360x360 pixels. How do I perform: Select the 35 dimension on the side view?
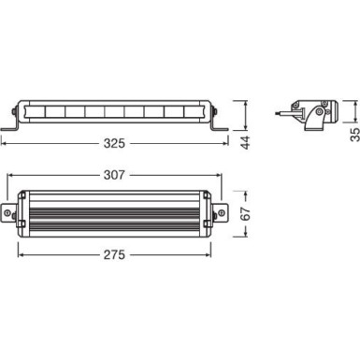pyautogui.click(x=353, y=112)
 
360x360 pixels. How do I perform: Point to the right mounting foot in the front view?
pyautogui.click(x=220, y=126)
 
